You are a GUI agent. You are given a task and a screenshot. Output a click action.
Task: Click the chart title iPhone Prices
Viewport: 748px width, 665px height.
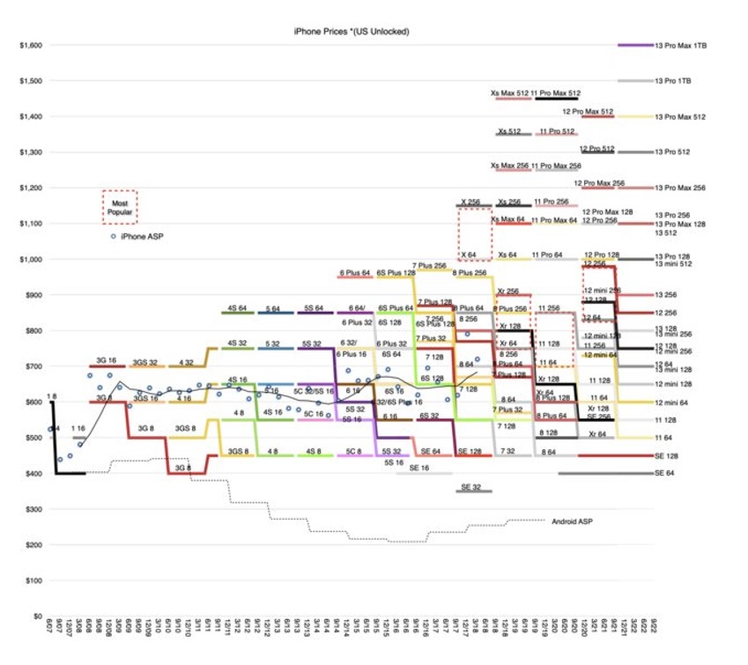pos(352,32)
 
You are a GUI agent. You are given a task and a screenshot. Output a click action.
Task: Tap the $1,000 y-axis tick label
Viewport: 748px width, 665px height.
pos(30,259)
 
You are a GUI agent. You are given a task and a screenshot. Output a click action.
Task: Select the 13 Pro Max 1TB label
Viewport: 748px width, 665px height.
pos(681,45)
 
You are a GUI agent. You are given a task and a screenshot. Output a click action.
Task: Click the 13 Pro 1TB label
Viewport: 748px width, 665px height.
pos(672,80)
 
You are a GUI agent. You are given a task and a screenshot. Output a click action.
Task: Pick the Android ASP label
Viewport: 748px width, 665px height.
pos(572,521)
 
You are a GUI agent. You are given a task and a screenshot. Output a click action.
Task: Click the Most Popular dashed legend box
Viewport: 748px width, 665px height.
pos(119,208)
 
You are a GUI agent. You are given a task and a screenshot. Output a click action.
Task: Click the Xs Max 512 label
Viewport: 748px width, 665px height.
pos(510,92)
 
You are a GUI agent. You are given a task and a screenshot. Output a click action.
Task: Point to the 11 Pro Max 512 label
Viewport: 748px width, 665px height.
pos(556,92)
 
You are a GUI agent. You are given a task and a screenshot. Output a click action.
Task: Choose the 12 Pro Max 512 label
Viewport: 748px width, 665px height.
pos(588,112)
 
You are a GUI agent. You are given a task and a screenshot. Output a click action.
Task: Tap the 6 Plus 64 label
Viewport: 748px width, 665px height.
pos(355,273)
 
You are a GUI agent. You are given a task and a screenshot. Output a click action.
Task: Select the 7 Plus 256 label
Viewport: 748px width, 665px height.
pos(429,265)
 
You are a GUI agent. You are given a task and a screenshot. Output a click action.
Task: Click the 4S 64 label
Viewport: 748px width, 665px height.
pos(237,308)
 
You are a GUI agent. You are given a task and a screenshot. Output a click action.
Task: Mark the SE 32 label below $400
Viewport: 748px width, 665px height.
pos(475,487)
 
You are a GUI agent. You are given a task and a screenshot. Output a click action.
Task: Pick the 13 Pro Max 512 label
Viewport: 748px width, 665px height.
pos(680,116)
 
